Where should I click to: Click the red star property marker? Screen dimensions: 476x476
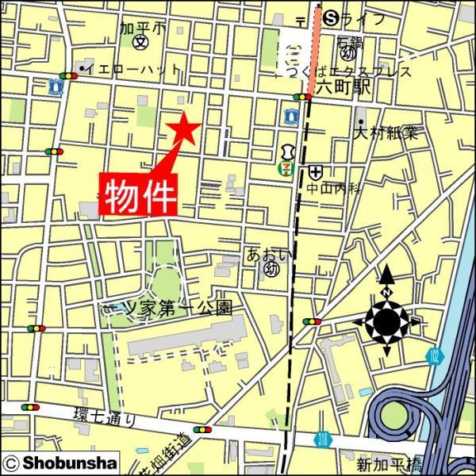183,128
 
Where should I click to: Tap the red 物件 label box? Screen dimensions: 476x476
139,194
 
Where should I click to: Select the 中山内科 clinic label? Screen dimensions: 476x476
335,189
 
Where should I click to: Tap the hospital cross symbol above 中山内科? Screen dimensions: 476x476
317,171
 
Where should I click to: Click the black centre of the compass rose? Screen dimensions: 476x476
387,321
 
